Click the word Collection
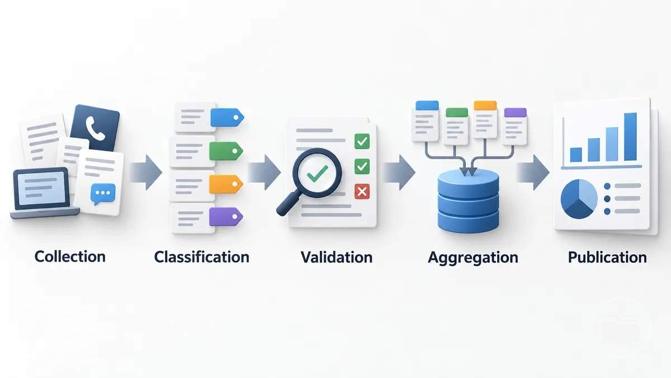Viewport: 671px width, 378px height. click(x=70, y=257)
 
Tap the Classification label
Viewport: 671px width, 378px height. click(x=202, y=257)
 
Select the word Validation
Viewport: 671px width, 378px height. click(x=337, y=257)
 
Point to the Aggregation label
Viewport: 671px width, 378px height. click(x=473, y=258)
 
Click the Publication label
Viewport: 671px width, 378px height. click(x=607, y=257)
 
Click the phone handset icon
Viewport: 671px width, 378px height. click(x=95, y=128)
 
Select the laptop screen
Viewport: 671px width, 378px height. click(x=41, y=188)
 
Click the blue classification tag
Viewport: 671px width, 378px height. click(x=227, y=117)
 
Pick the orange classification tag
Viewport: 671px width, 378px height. click(x=225, y=184)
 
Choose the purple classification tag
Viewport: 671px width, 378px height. click(x=225, y=216)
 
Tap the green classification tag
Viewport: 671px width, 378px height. click(x=226, y=151)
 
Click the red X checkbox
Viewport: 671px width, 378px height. click(x=362, y=192)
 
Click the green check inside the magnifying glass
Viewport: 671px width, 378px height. click(x=317, y=174)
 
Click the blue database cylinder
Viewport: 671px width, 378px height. click(x=468, y=200)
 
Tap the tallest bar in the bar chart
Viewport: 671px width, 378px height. click(x=630, y=137)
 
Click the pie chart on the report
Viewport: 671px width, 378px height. click(x=579, y=199)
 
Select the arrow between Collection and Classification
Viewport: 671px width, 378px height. click(x=146, y=172)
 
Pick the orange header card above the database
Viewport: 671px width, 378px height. click(x=485, y=119)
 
